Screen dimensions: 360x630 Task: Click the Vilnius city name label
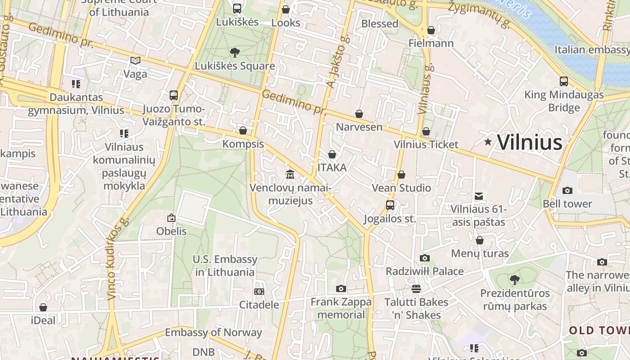pos(530,143)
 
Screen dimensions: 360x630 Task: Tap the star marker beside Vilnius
pos(488,142)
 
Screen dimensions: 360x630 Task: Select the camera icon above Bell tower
pos(567,190)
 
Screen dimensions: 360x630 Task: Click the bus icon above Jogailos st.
pos(390,205)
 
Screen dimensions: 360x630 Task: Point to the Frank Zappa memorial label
pos(341,308)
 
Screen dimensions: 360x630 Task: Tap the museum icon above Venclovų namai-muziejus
pos(290,174)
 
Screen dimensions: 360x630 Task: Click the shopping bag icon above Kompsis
pos(243,130)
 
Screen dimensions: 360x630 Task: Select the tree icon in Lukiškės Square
pos(234,53)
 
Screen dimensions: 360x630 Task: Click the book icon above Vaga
pos(135,60)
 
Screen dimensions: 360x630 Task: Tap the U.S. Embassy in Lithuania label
pos(225,265)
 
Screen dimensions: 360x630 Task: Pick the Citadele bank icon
pos(259,292)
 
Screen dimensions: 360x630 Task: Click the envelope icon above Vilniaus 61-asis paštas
pos(479,196)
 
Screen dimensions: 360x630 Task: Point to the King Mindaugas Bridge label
pos(564,101)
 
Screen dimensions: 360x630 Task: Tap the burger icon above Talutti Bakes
pos(416,288)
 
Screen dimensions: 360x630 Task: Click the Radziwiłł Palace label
pos(424,271)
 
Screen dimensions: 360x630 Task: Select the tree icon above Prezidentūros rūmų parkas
pos(515,280)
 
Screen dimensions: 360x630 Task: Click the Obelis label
pos(171,231)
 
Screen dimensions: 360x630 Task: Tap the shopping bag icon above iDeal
pos(43,307)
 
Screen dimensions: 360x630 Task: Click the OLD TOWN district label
pos(599,331)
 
